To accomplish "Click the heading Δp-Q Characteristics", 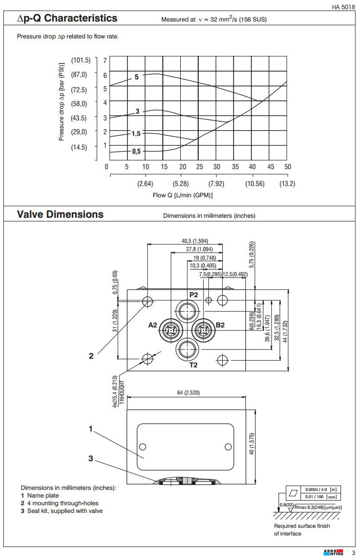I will click(67, 18).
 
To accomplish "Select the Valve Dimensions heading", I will click(60, 214).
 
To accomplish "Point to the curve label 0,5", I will click(136, 151).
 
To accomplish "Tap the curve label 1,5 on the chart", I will click(136, 133).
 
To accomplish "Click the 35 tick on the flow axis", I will click(235, 167).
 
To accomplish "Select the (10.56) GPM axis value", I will click(255, 183).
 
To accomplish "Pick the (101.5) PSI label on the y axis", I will click(81, 60).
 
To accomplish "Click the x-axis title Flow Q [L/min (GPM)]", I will click(182, 195).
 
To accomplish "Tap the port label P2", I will click(194, 295).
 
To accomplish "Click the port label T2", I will click(194, 365).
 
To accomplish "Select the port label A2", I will click(153, 325).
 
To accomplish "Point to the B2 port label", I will click(221, 325).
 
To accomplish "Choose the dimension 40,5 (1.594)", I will click(195, 240).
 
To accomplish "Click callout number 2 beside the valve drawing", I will click(91, 356).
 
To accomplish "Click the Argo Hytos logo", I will click(333, 551).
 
